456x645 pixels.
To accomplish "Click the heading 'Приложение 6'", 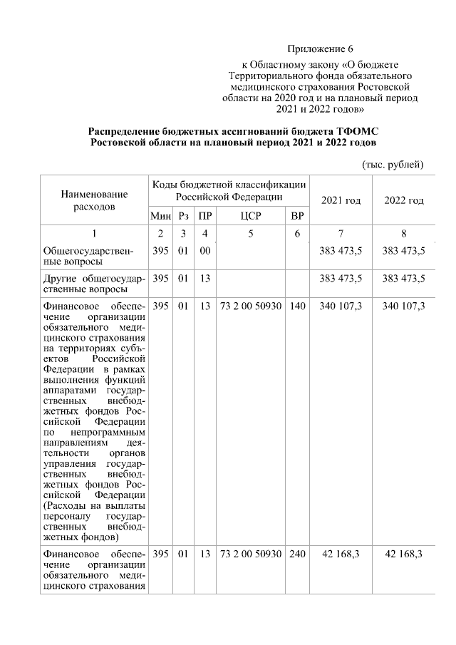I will tap(320, 49).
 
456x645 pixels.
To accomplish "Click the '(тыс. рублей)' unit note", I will tap(394, 165).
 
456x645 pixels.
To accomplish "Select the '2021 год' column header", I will tap(341, 200).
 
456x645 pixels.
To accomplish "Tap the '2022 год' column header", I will tap(404, 200).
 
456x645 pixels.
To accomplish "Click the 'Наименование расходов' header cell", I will tap(94, 200).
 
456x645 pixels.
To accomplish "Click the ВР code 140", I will tap(297, 306).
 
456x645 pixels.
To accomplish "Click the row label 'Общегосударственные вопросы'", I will tap(94, 256).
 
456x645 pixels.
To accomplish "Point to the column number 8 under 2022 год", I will tap(404, 234).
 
